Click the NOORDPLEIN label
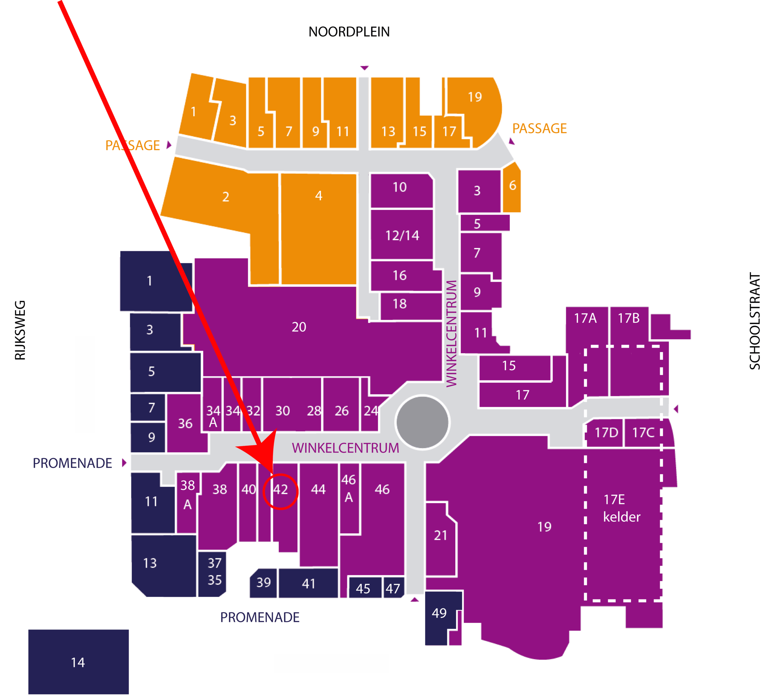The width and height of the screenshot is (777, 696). (x=349, y=32)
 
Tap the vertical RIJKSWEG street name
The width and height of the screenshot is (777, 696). (x=20, y=330)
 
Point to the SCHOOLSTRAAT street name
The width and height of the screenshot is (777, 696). (x=755, y=321)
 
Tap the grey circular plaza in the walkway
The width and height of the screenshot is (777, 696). (x=422, y=422)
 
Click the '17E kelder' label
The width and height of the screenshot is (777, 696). (x=621, y=508)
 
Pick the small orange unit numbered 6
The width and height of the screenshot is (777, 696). (x=512, y=187)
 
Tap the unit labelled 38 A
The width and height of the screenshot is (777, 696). (x=187, y=502)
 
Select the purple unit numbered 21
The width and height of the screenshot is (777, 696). (x=441, y=539)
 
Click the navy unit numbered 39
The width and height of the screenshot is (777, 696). (x=263, y=583)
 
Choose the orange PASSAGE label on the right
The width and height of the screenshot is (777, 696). (x=539, y=129)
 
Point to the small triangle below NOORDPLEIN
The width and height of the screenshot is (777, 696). (x=364, y=68)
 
